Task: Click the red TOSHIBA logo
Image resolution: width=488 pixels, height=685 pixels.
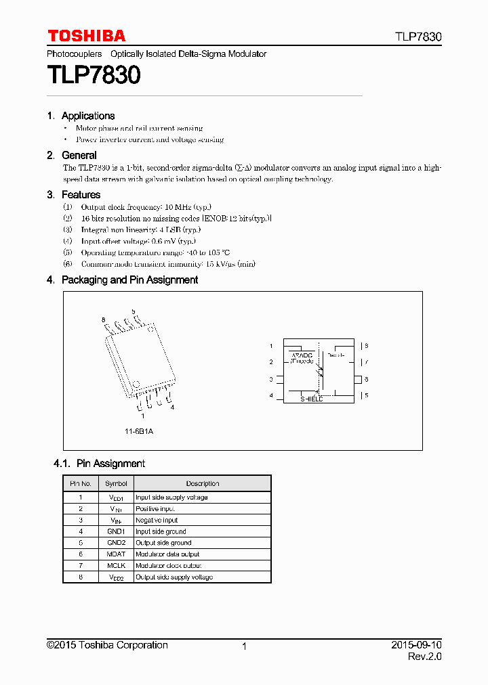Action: (86, 36)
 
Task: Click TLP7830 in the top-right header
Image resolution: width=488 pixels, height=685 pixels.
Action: (419, 37)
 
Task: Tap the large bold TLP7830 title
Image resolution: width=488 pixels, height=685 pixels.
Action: (94, 75)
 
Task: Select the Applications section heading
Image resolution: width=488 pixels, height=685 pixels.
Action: (87, 116)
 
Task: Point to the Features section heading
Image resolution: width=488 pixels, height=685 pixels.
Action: (81, 195)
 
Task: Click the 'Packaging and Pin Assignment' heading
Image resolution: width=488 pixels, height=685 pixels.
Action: (129, 280)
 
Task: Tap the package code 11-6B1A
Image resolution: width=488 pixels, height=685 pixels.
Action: (138, 431)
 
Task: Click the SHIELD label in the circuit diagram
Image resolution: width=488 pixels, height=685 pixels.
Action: (312, 399)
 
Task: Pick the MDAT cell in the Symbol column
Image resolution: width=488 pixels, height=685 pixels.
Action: (116, 554)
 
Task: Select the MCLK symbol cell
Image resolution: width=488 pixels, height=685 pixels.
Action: (116, 566)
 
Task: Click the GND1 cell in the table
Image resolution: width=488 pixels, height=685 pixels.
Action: (116, 531)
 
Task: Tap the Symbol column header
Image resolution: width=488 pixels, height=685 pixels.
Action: (116, 483)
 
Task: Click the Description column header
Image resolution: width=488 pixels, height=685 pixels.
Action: (203, 483)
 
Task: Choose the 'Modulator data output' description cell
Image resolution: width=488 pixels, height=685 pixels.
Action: (167, 554)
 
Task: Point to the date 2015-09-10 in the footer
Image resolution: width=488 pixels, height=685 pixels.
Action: (416, 645)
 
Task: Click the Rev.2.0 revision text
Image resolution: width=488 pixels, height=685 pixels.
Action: (424, 657)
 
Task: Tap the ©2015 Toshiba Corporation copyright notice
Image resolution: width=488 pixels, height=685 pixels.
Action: (107, 645)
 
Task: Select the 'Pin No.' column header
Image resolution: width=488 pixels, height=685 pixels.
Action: (81, 483)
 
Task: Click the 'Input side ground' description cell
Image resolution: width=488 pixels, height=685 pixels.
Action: (163, 531)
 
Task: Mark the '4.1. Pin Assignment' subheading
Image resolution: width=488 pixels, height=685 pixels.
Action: (99, 464)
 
